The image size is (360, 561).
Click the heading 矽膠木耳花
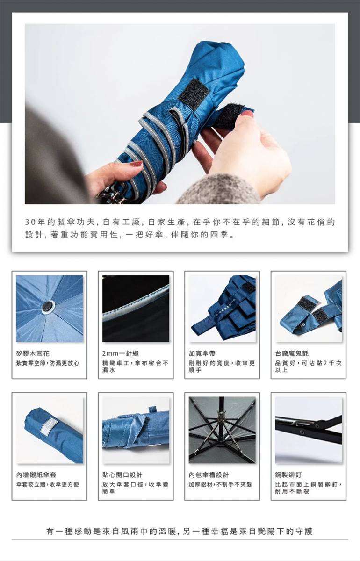point(33,353)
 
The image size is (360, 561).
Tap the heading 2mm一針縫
point(121,353)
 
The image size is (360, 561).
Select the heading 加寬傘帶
point(202,353)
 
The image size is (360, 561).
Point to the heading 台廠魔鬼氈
point(292,353)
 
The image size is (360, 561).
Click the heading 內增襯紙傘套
point(36,475)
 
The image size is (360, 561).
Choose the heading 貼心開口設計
point(122,475)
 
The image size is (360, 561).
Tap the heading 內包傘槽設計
point(209,475)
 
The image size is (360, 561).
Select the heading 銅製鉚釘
point(288,475)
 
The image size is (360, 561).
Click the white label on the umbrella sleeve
point(49,426)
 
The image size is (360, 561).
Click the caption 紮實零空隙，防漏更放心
point(48,363)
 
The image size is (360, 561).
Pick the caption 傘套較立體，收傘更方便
point(48,485)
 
